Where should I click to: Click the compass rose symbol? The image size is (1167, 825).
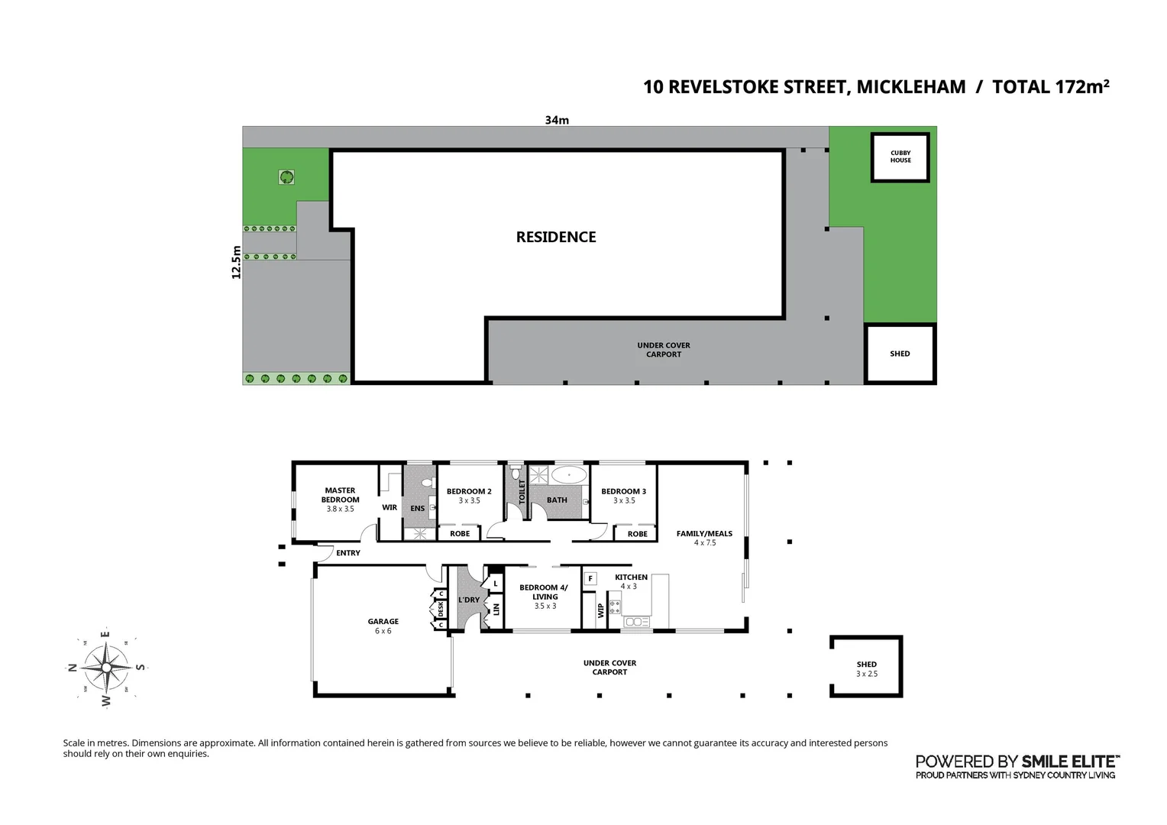(x=106, y=667)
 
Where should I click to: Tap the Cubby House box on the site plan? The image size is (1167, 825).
(x=900, y=157)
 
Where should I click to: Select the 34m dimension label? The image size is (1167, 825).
(x=557, y=120)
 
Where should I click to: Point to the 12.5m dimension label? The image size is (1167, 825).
(x=236, y=262)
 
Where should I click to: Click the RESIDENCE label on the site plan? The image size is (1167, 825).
(x=556, y=237)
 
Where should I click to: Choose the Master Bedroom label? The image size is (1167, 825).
(x=340, y=495)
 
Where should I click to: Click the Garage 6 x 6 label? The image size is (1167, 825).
(x=383, y=626)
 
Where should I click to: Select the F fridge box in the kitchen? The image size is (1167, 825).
(x=590, y=579)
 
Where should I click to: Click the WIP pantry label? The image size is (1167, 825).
(x=600, y=610)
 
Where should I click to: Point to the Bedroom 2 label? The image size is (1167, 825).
(x=469, y=491)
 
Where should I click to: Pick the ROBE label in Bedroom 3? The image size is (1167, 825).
(x=637, y=534)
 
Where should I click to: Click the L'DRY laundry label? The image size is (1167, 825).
(x=468, y=600)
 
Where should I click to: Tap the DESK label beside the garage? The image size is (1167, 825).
(x=441, y=609)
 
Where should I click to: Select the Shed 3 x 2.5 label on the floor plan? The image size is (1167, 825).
(x=866, y=668)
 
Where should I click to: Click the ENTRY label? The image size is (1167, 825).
(x=348, y=553)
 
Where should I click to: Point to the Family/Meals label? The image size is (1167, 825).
(x=704, y=534)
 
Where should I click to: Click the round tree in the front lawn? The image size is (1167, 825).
(x=286, y=177)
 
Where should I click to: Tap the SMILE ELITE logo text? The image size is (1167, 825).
(x=1070, y=761)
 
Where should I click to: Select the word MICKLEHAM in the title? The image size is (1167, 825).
(x=911, y=87)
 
